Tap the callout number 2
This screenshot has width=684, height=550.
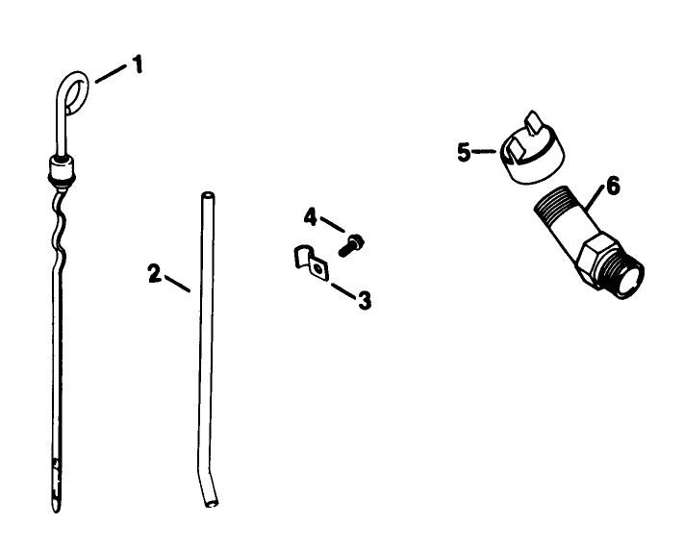pyautogui.click(x=154, y=273)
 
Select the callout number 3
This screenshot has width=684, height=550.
pyautogui.click(x=364, y=301)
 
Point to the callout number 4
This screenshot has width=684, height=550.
pyautogui.click(x=310, y=217)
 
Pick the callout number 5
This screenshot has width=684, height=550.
pyautogui.click(x=465, y=153)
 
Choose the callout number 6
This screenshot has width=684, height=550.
pyautogui.click(x=612, y=186)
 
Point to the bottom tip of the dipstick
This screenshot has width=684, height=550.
pyautogui.click(x=54, y=504)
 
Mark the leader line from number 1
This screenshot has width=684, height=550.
pyautogui.click(x=110, y=73)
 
